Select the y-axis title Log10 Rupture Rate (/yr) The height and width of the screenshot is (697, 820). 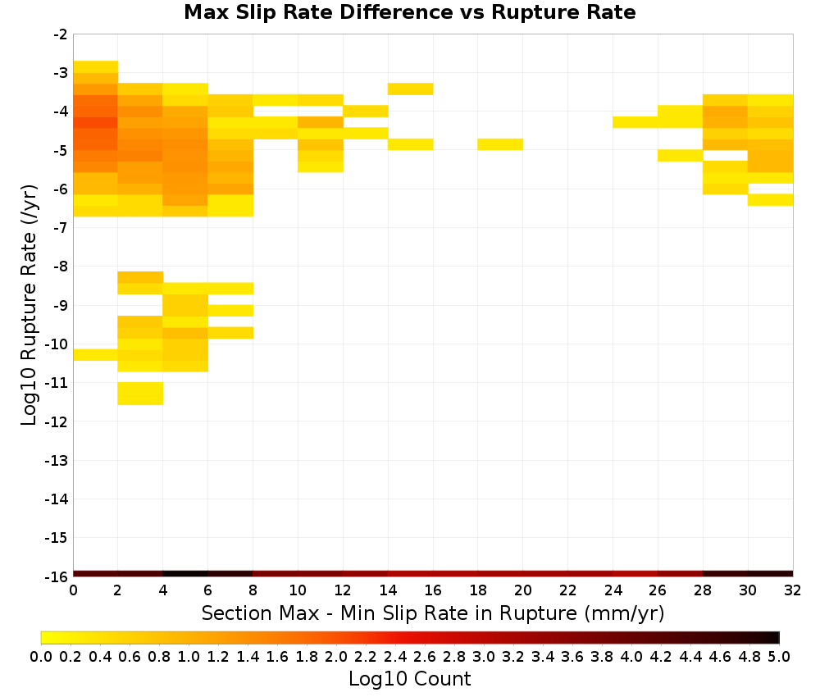click(x=29, y=305)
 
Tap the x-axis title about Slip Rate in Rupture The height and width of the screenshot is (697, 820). click(x=433, y=613)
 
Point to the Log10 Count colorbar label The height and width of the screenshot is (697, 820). click(x=409, y=679)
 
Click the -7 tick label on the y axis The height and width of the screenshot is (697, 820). click(x=61, y=228)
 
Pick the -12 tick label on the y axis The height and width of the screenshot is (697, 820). click(x=57, y=421)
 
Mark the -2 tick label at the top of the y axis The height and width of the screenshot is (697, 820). click(x=61, y=34)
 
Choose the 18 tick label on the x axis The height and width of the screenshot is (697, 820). click(x=478, y=590)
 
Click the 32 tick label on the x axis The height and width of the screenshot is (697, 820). click(x=793, y=590)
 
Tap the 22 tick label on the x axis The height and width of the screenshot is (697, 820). click(x=568, y=590)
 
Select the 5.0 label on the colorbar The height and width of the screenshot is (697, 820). click(x=779, y=656)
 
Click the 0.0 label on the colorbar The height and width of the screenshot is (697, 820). click(x=41, y=656)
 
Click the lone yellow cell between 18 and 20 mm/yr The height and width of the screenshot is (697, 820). click(x=500, y=144)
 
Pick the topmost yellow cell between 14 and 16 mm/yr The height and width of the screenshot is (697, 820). click(x=411, y=89)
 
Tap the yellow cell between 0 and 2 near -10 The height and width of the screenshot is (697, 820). click(x=95, y=354)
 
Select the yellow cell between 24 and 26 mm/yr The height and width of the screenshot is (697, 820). click(x=635, y=122)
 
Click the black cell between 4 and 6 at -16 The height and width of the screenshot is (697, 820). click(x=185, y=574)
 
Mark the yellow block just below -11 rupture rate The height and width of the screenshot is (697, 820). click(x=141, y=394)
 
